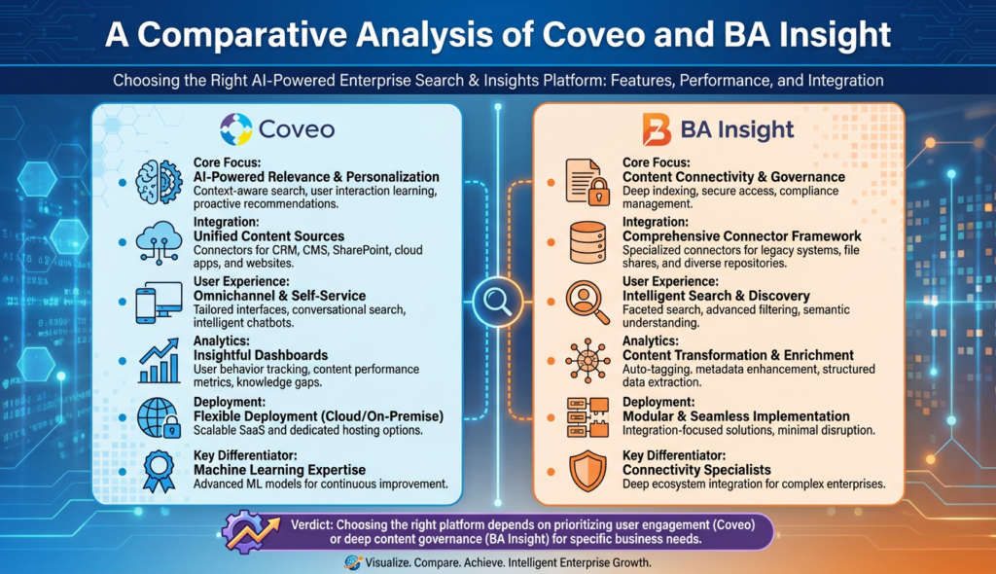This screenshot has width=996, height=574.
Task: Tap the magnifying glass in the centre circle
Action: click(x=497, y=298)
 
